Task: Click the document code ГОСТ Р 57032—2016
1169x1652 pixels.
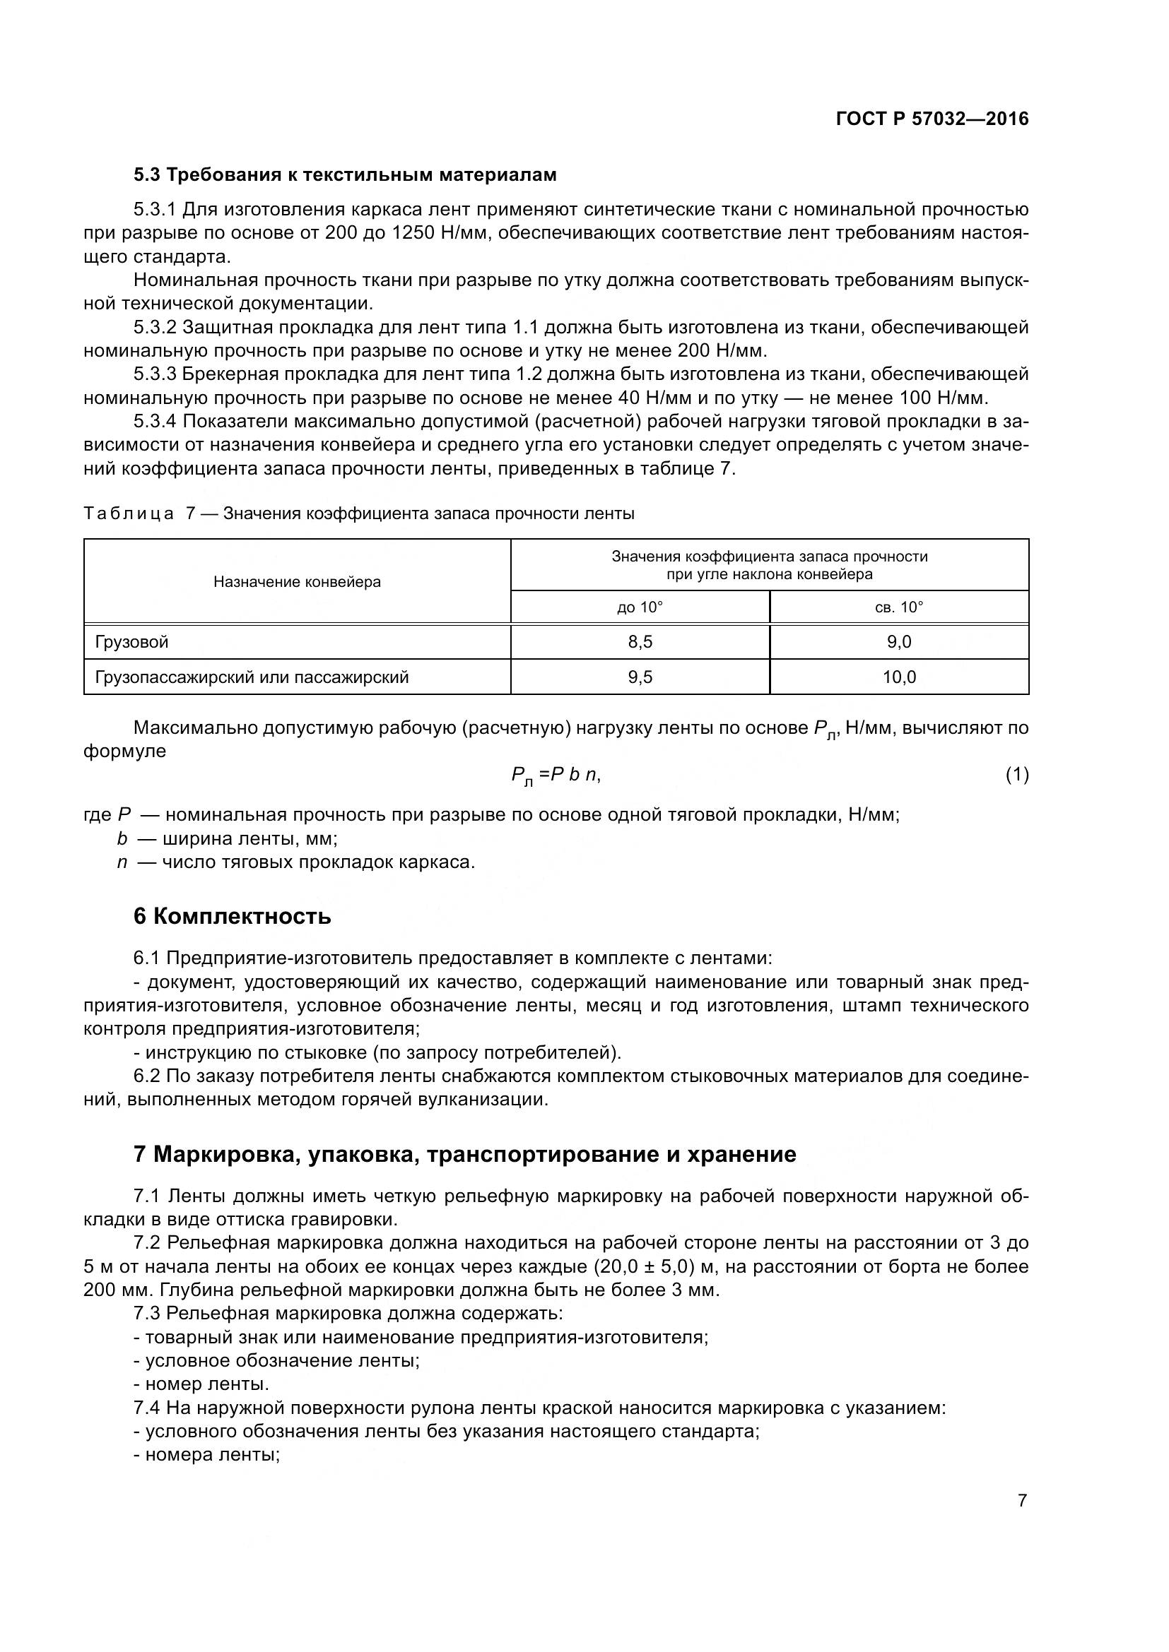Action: (932, 119)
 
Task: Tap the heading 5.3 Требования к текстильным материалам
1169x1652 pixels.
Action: (345, 175)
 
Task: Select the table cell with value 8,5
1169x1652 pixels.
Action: (639, 642)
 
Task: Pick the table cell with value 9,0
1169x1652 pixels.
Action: (898, 642)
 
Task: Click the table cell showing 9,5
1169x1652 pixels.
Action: (639, 677)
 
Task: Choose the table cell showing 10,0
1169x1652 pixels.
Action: (898, 677)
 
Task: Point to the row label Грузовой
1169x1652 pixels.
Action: (131, 642)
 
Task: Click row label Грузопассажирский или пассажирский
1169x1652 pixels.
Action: (252, 677)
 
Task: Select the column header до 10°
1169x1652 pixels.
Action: (639, 607)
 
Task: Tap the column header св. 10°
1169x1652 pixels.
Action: (898, 607)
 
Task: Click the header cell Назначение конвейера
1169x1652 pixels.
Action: (297, 581)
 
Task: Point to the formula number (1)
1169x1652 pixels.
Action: (1016, 775)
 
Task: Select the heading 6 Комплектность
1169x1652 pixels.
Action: (232, 917)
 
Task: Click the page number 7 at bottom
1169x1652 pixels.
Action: (1021, 1501)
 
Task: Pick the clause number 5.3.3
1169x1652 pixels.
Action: (155, 374)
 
